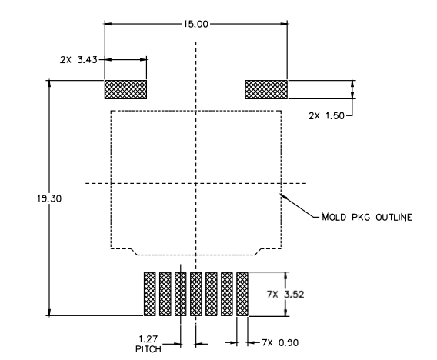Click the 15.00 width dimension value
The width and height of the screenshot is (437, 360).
195,24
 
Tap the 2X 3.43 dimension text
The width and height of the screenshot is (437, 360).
77,58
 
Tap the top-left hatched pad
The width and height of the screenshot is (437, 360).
125,90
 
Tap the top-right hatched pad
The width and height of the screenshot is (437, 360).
266,90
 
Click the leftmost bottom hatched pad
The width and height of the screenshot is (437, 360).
149,294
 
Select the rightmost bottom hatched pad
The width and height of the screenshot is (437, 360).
243,294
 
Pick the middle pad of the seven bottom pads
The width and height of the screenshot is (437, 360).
196,294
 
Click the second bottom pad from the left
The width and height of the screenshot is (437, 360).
165,294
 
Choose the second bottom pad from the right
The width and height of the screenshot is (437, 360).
228,294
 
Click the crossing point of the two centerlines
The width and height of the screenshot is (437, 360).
196,183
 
